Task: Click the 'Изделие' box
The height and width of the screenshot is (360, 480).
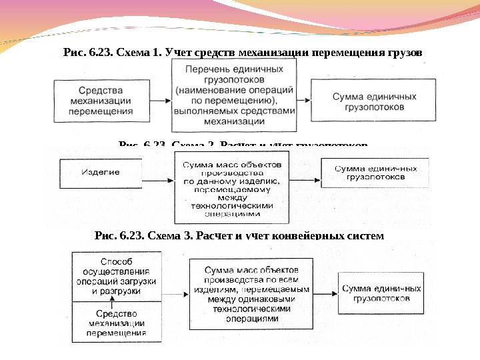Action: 100,173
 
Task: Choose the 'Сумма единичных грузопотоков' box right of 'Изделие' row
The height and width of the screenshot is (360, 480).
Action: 371,173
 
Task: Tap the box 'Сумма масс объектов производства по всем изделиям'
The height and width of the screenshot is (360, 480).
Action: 247,293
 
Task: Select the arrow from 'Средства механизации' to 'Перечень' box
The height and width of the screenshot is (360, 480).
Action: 160,101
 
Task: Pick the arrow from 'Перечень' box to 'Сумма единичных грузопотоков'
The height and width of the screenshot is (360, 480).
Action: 303,100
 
